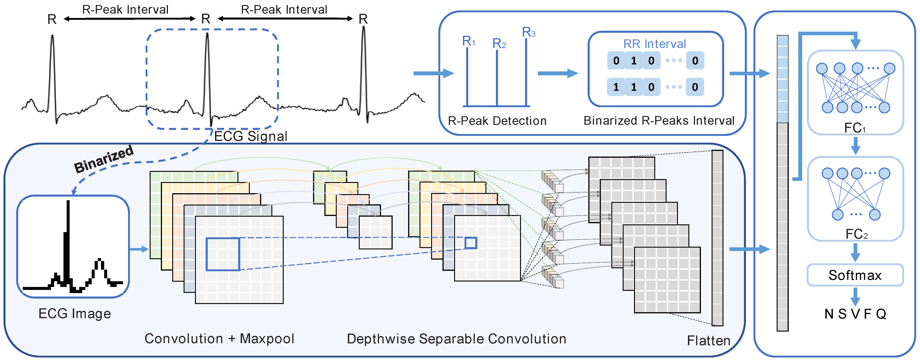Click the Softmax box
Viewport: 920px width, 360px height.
(x=855, y=275)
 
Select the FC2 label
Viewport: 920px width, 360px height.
(x=856, y=234)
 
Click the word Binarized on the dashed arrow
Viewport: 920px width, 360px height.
(x=104, y=159)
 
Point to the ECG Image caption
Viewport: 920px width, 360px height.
(x=75, y=314)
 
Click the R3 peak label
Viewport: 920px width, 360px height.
(x=528, y=32)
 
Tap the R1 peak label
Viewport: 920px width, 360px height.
(x=468, y=41)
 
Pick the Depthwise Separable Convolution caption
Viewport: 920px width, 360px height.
(x=456, y=339)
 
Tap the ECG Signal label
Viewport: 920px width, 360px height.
(x=251, y=136)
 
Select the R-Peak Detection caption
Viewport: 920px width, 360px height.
(x=497, y=121)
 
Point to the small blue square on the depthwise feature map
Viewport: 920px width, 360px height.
(x=470, y=243)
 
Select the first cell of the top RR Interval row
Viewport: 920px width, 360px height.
(x=616, y=60)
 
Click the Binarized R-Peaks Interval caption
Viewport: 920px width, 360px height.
(x=659, y=121)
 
